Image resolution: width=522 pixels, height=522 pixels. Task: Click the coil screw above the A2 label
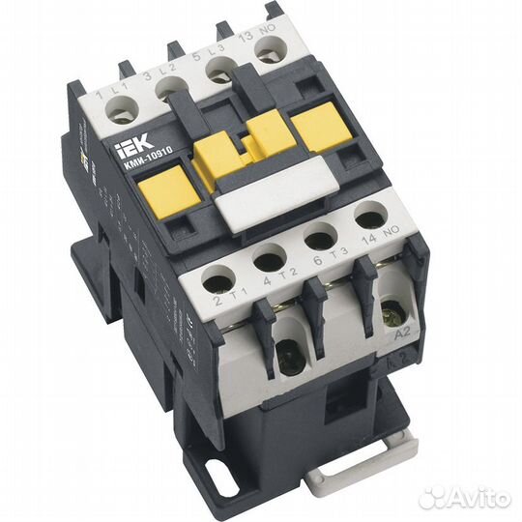click(391, 312)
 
